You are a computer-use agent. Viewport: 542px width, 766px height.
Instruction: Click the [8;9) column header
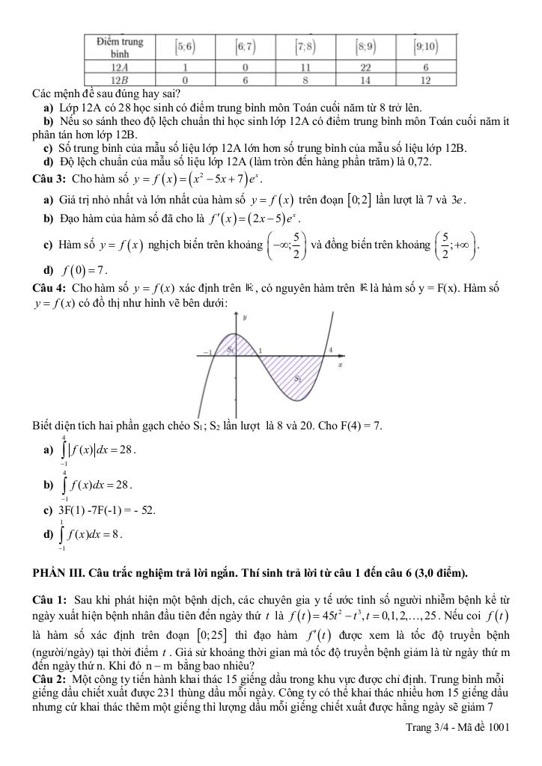pyautogui.click(x=366, y=46)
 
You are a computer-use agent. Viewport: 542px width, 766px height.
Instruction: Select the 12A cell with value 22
pyautogui.click(x=366, y=67)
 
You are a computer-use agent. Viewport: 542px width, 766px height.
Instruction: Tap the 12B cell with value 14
pyautogui.click(x=366, y=78)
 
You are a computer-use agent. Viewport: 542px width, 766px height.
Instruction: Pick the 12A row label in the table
pyautogui.click(x=116, y=67)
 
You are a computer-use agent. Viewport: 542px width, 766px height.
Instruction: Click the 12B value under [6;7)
pyautogui.click(x=245, y=78)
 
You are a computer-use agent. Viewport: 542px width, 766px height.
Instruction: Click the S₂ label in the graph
pyautogui.click(x=297, y=378)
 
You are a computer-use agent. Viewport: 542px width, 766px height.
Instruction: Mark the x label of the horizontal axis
pyautogui.click(x=339, y=365)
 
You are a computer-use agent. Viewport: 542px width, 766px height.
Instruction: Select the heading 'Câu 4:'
pyautogui.click(x=49, y=288)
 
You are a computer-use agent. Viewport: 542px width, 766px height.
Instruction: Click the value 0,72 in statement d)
pyautogui.click(x=421, y=161)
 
